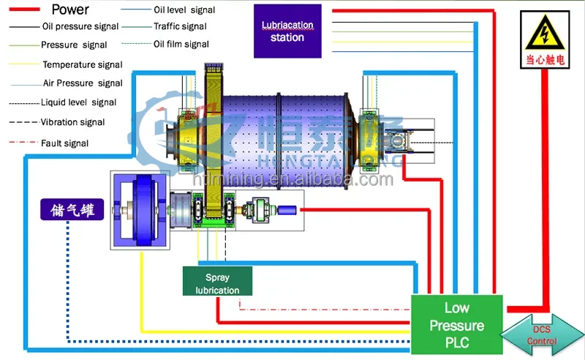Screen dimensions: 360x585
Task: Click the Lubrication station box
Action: click(x=287, y=31)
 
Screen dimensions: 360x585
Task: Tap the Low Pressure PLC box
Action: click(x=457, y=324)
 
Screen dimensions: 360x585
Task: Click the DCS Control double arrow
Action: click(x=542, y=335)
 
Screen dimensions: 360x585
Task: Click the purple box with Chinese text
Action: click(x=71, y=210)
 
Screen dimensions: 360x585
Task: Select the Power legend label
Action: click(x=71, y=10)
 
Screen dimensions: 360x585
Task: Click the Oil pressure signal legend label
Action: click(x=80, y=26)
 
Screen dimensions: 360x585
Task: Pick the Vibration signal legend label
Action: click(x=72, y=122)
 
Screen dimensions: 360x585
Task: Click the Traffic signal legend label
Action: click(x=180, y=26)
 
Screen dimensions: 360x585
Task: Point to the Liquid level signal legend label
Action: click(x=78, y=102)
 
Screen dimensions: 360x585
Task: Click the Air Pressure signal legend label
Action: click(x=83, y=83)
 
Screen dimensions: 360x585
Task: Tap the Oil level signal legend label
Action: click(x=184, y=10)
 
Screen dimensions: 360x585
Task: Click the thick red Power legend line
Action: click(x=28, y=10)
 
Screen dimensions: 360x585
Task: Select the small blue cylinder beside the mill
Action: click(x=289, y=210)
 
